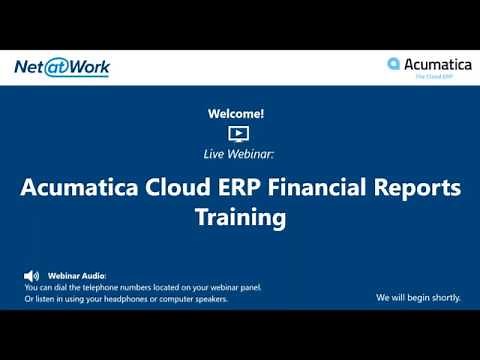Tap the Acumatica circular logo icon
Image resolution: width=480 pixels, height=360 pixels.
[394, 64]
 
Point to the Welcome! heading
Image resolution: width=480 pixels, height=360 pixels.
[239, 114]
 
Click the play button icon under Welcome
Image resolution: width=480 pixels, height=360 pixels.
[239, 132]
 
